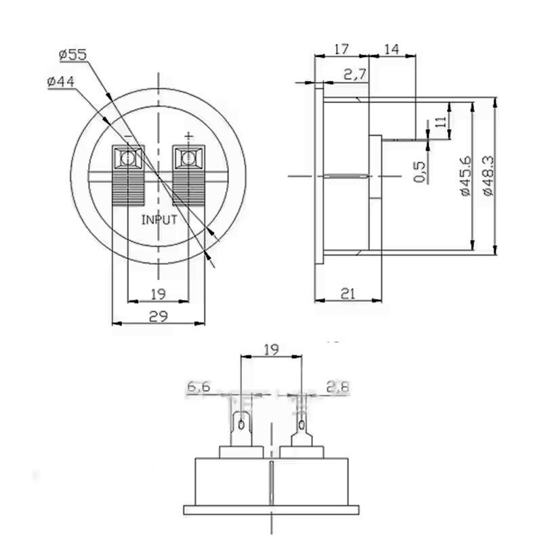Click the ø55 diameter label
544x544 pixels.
73,54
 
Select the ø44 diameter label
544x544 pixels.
61,82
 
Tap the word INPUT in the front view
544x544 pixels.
159,220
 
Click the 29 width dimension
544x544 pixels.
159,316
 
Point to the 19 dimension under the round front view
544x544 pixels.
159,294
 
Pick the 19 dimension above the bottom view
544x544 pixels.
271,349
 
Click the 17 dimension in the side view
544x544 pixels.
341,49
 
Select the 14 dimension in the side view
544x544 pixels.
392,49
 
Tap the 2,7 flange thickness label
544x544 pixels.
355,75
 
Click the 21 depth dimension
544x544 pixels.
348,294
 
